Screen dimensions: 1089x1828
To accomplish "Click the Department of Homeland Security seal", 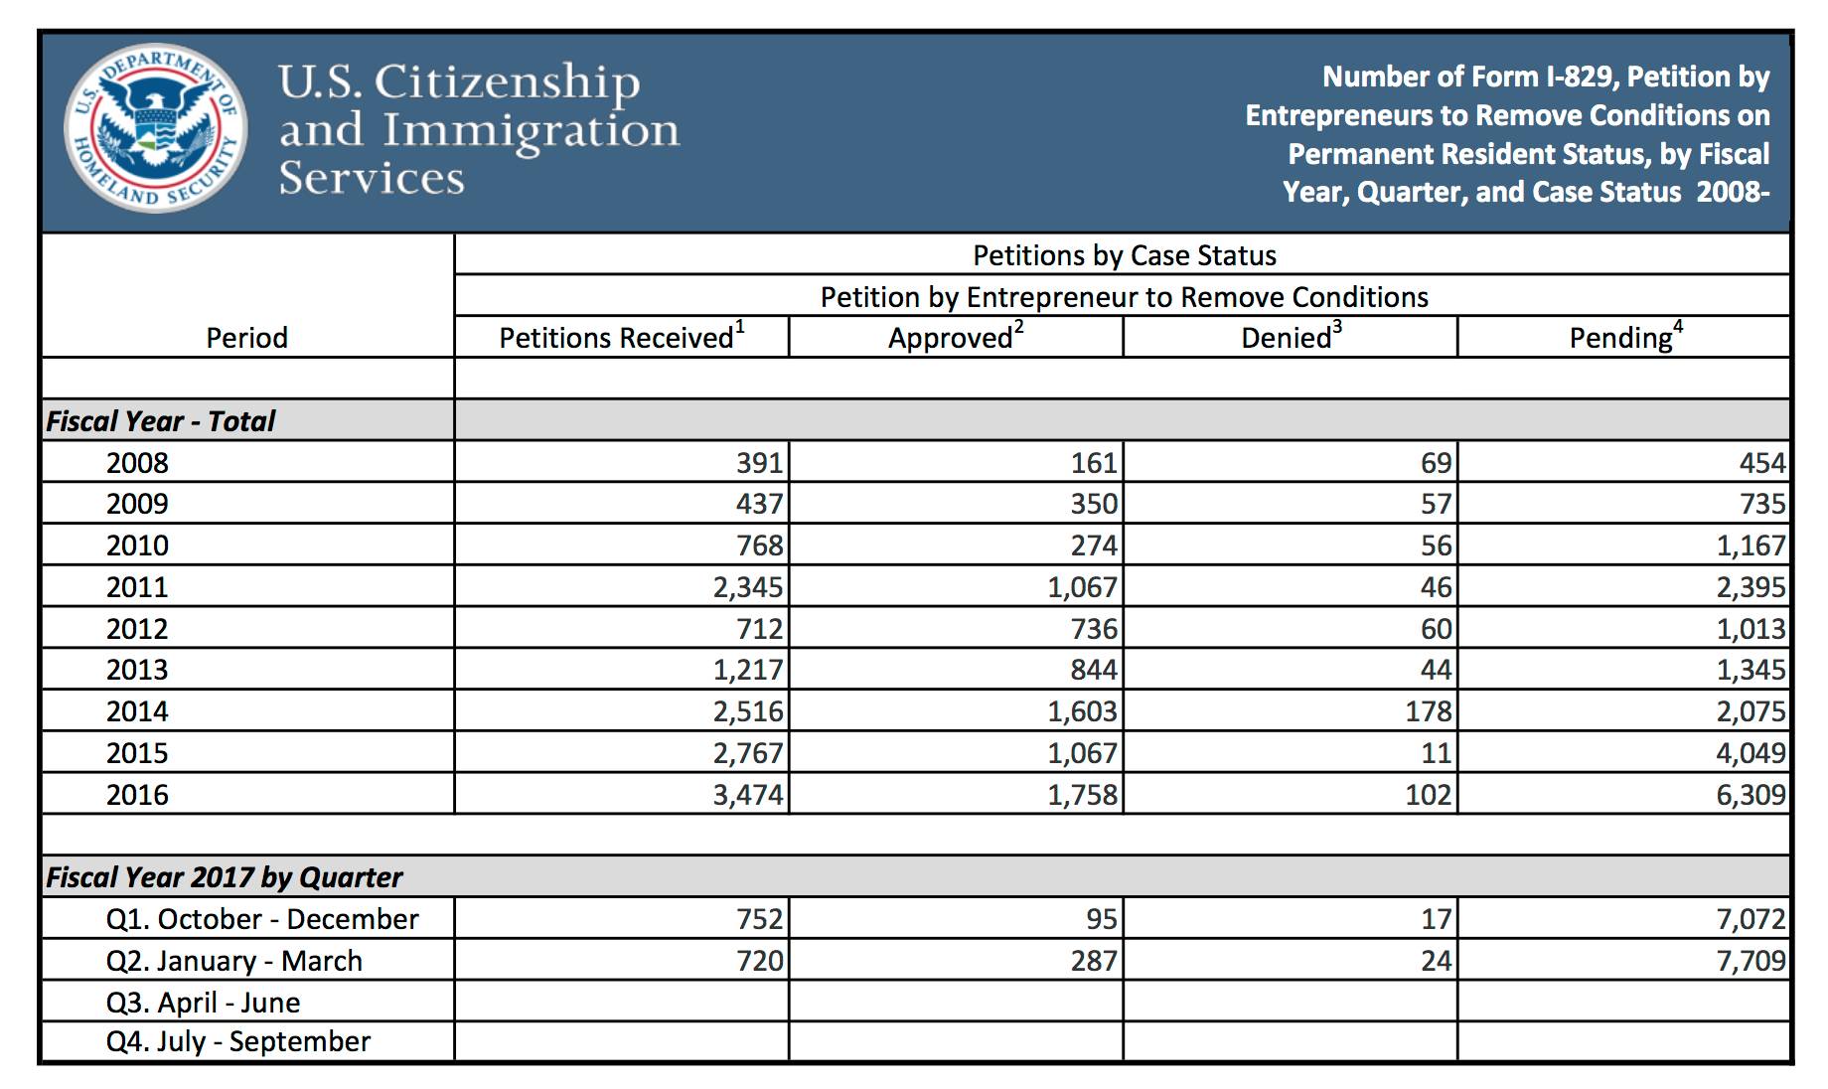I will point(155,128).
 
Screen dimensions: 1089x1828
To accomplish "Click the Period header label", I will point(246,338).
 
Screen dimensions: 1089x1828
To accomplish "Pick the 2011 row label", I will point(137,587).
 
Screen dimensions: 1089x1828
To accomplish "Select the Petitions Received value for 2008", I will point(759,463).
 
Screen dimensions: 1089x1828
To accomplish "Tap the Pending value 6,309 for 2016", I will point(1751,795).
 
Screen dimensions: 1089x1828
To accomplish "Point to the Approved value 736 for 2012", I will point(1094,629).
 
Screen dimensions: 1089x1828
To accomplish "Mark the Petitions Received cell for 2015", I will point(747,753).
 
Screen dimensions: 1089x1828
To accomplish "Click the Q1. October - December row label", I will point(262,919).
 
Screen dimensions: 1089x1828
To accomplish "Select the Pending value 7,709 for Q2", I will point(1751,961).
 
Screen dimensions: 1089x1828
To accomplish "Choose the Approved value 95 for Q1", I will point(1102,919).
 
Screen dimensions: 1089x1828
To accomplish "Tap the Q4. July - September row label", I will point(238,1041).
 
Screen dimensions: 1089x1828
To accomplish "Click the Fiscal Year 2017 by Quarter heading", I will point(225,877).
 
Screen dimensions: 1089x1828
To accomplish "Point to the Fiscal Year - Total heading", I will point(161,421).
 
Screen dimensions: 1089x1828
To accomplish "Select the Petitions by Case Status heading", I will point(1124,255).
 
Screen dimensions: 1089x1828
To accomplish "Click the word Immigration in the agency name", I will point(531,131).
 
